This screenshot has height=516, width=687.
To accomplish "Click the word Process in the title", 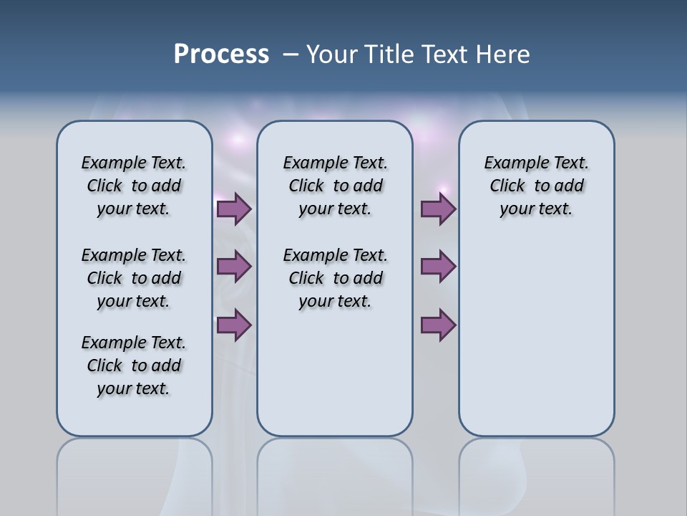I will (221, 54).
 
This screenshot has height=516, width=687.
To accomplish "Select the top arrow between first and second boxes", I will (234, 209).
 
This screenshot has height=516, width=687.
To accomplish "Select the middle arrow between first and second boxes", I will (234, 267).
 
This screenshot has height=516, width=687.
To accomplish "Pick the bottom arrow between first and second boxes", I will (234, 325).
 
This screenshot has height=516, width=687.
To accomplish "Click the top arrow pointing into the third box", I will (438, 209).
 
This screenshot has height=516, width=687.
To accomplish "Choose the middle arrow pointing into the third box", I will (438, 267).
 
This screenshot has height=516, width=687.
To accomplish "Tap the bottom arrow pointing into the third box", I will (438, 325).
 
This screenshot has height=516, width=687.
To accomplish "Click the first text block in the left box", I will (134, 186).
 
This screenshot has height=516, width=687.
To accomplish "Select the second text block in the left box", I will (134, 278).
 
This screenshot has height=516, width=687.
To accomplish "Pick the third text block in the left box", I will (134, 365).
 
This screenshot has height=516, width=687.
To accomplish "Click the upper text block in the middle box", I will (335, 186).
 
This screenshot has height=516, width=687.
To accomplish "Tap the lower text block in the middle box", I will (335, 278).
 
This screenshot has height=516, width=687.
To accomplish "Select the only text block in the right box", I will (536, 186).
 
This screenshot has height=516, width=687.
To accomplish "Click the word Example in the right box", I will (511, 163).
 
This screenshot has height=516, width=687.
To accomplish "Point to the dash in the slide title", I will (291, 55).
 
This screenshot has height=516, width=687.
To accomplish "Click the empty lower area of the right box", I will (536, 344).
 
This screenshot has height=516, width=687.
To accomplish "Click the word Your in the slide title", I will (330, 54).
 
